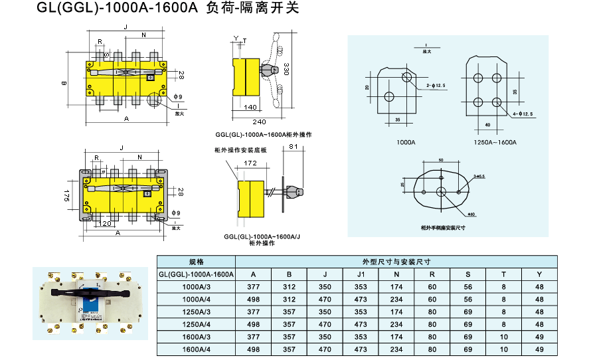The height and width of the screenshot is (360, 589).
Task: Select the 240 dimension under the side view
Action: [x=258, y=122]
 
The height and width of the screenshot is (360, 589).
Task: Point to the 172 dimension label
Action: [x=250, y=162]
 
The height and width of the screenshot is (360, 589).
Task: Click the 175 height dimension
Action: [x=67, y=195]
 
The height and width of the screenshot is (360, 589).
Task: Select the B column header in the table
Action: [x=289, y=274]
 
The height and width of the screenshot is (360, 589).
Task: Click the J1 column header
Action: [x=361, y=274]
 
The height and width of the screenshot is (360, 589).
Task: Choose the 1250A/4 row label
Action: [x=195, y=324]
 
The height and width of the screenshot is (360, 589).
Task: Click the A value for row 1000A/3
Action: [x=253, y=287]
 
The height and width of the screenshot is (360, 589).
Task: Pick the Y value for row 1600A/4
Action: [x=539, y=349]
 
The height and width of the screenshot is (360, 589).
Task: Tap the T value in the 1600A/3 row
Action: [x=503, y=337]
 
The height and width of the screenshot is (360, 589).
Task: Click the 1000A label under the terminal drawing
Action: [x=406, y=142]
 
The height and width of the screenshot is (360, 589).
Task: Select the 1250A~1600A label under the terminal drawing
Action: [x=495, y=142]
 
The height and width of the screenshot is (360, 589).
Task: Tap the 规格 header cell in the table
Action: [x=195, y=262]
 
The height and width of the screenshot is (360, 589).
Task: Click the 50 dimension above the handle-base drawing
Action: [x=441, y=160]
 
